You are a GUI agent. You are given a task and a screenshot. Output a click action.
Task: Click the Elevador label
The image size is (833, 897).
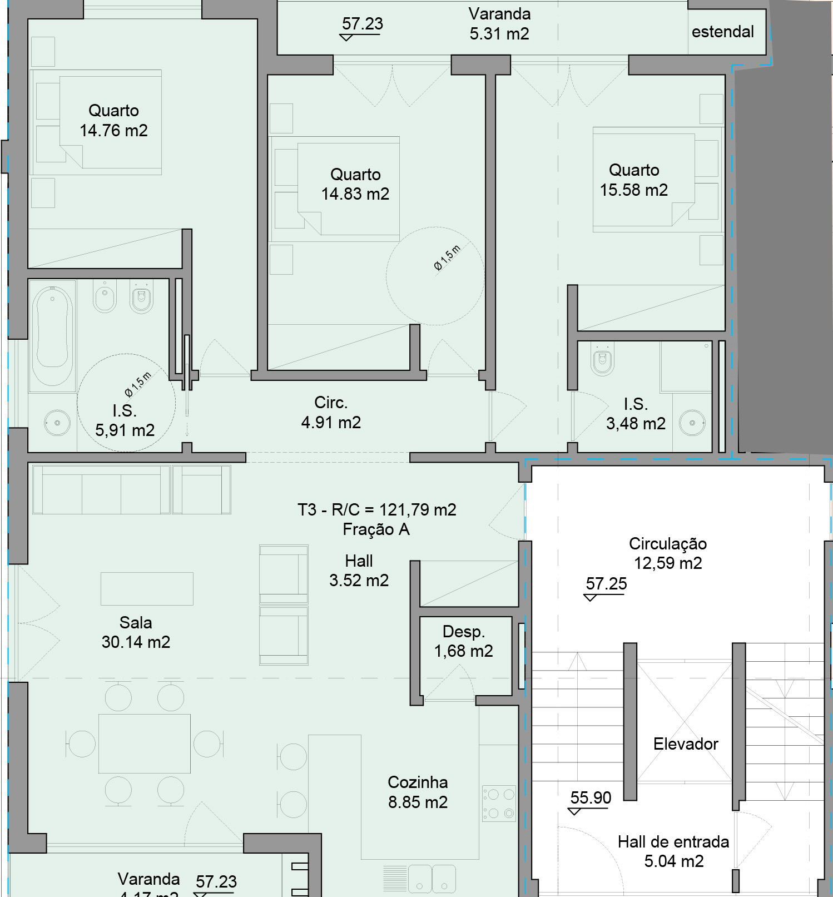(686, 744)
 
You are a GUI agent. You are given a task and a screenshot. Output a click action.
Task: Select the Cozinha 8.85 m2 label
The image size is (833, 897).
(418, 792)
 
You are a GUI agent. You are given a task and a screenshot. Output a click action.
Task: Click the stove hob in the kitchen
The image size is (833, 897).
(499, 804)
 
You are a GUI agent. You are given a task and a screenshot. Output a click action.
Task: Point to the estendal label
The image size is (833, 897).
(722, 32)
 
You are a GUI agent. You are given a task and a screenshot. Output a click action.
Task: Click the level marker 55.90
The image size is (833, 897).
(591, 799)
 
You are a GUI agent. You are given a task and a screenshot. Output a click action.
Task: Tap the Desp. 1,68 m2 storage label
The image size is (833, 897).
(463, 641)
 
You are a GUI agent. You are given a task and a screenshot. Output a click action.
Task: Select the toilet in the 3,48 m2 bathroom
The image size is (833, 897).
(603, 361)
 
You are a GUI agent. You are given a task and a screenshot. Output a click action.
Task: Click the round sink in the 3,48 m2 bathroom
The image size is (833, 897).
(692, 423)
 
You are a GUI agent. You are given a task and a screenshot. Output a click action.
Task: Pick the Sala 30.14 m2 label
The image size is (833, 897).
(136, 632)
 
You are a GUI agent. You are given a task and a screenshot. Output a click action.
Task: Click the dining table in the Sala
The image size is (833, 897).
(145, 744)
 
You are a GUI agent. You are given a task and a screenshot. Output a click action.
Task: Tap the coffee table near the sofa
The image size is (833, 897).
(147, 588)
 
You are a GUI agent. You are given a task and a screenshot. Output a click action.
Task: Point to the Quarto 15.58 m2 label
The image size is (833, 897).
(634, 180)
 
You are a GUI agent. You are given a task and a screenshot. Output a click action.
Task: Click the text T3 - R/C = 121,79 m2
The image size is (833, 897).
(376, 510)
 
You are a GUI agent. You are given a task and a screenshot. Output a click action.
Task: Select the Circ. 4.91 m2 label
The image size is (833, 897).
(331, 413)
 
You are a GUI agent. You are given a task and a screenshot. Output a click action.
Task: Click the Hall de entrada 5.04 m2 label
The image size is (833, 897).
(673, 851)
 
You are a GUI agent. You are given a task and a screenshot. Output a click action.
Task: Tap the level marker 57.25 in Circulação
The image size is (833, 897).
(606, 584)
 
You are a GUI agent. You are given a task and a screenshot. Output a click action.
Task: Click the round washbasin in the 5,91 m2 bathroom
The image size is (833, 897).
(57, 423)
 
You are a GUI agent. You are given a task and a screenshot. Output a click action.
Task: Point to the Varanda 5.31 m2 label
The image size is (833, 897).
(499, 24)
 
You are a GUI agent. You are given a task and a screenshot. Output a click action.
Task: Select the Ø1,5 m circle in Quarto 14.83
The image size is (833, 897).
(435, 276)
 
